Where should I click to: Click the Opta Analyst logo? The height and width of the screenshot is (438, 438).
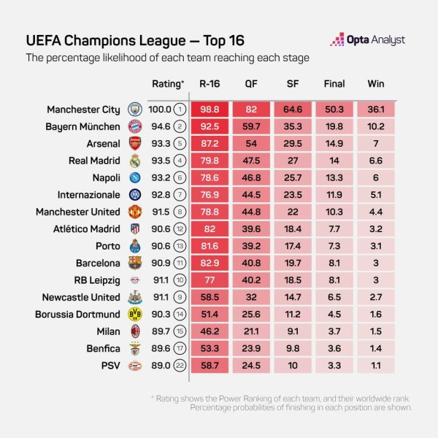(x=367, y=40)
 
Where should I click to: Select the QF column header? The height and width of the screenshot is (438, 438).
(x=251, y=84)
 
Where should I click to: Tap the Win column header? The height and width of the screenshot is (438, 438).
(x=375, y=84)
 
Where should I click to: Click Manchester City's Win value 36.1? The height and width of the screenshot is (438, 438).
(x=375, y=109)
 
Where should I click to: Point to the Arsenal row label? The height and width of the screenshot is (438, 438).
(x=99, y=142)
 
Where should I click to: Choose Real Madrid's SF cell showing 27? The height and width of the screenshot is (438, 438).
(x=293, y=160)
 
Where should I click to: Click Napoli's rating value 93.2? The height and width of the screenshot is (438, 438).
(x=158, y=177)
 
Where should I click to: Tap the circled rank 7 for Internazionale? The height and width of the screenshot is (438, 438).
(x=180, y=194)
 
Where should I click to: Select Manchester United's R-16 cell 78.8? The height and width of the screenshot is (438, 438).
(x=210, y=212)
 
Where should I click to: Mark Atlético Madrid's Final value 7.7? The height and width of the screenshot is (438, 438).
(x=334, y=228)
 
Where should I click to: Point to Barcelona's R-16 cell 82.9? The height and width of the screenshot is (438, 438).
(x=210, y=263)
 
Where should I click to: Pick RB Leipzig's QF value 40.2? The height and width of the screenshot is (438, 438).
(x=251, y=280)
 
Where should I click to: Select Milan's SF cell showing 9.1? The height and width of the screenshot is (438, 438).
(x=293, y=331)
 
